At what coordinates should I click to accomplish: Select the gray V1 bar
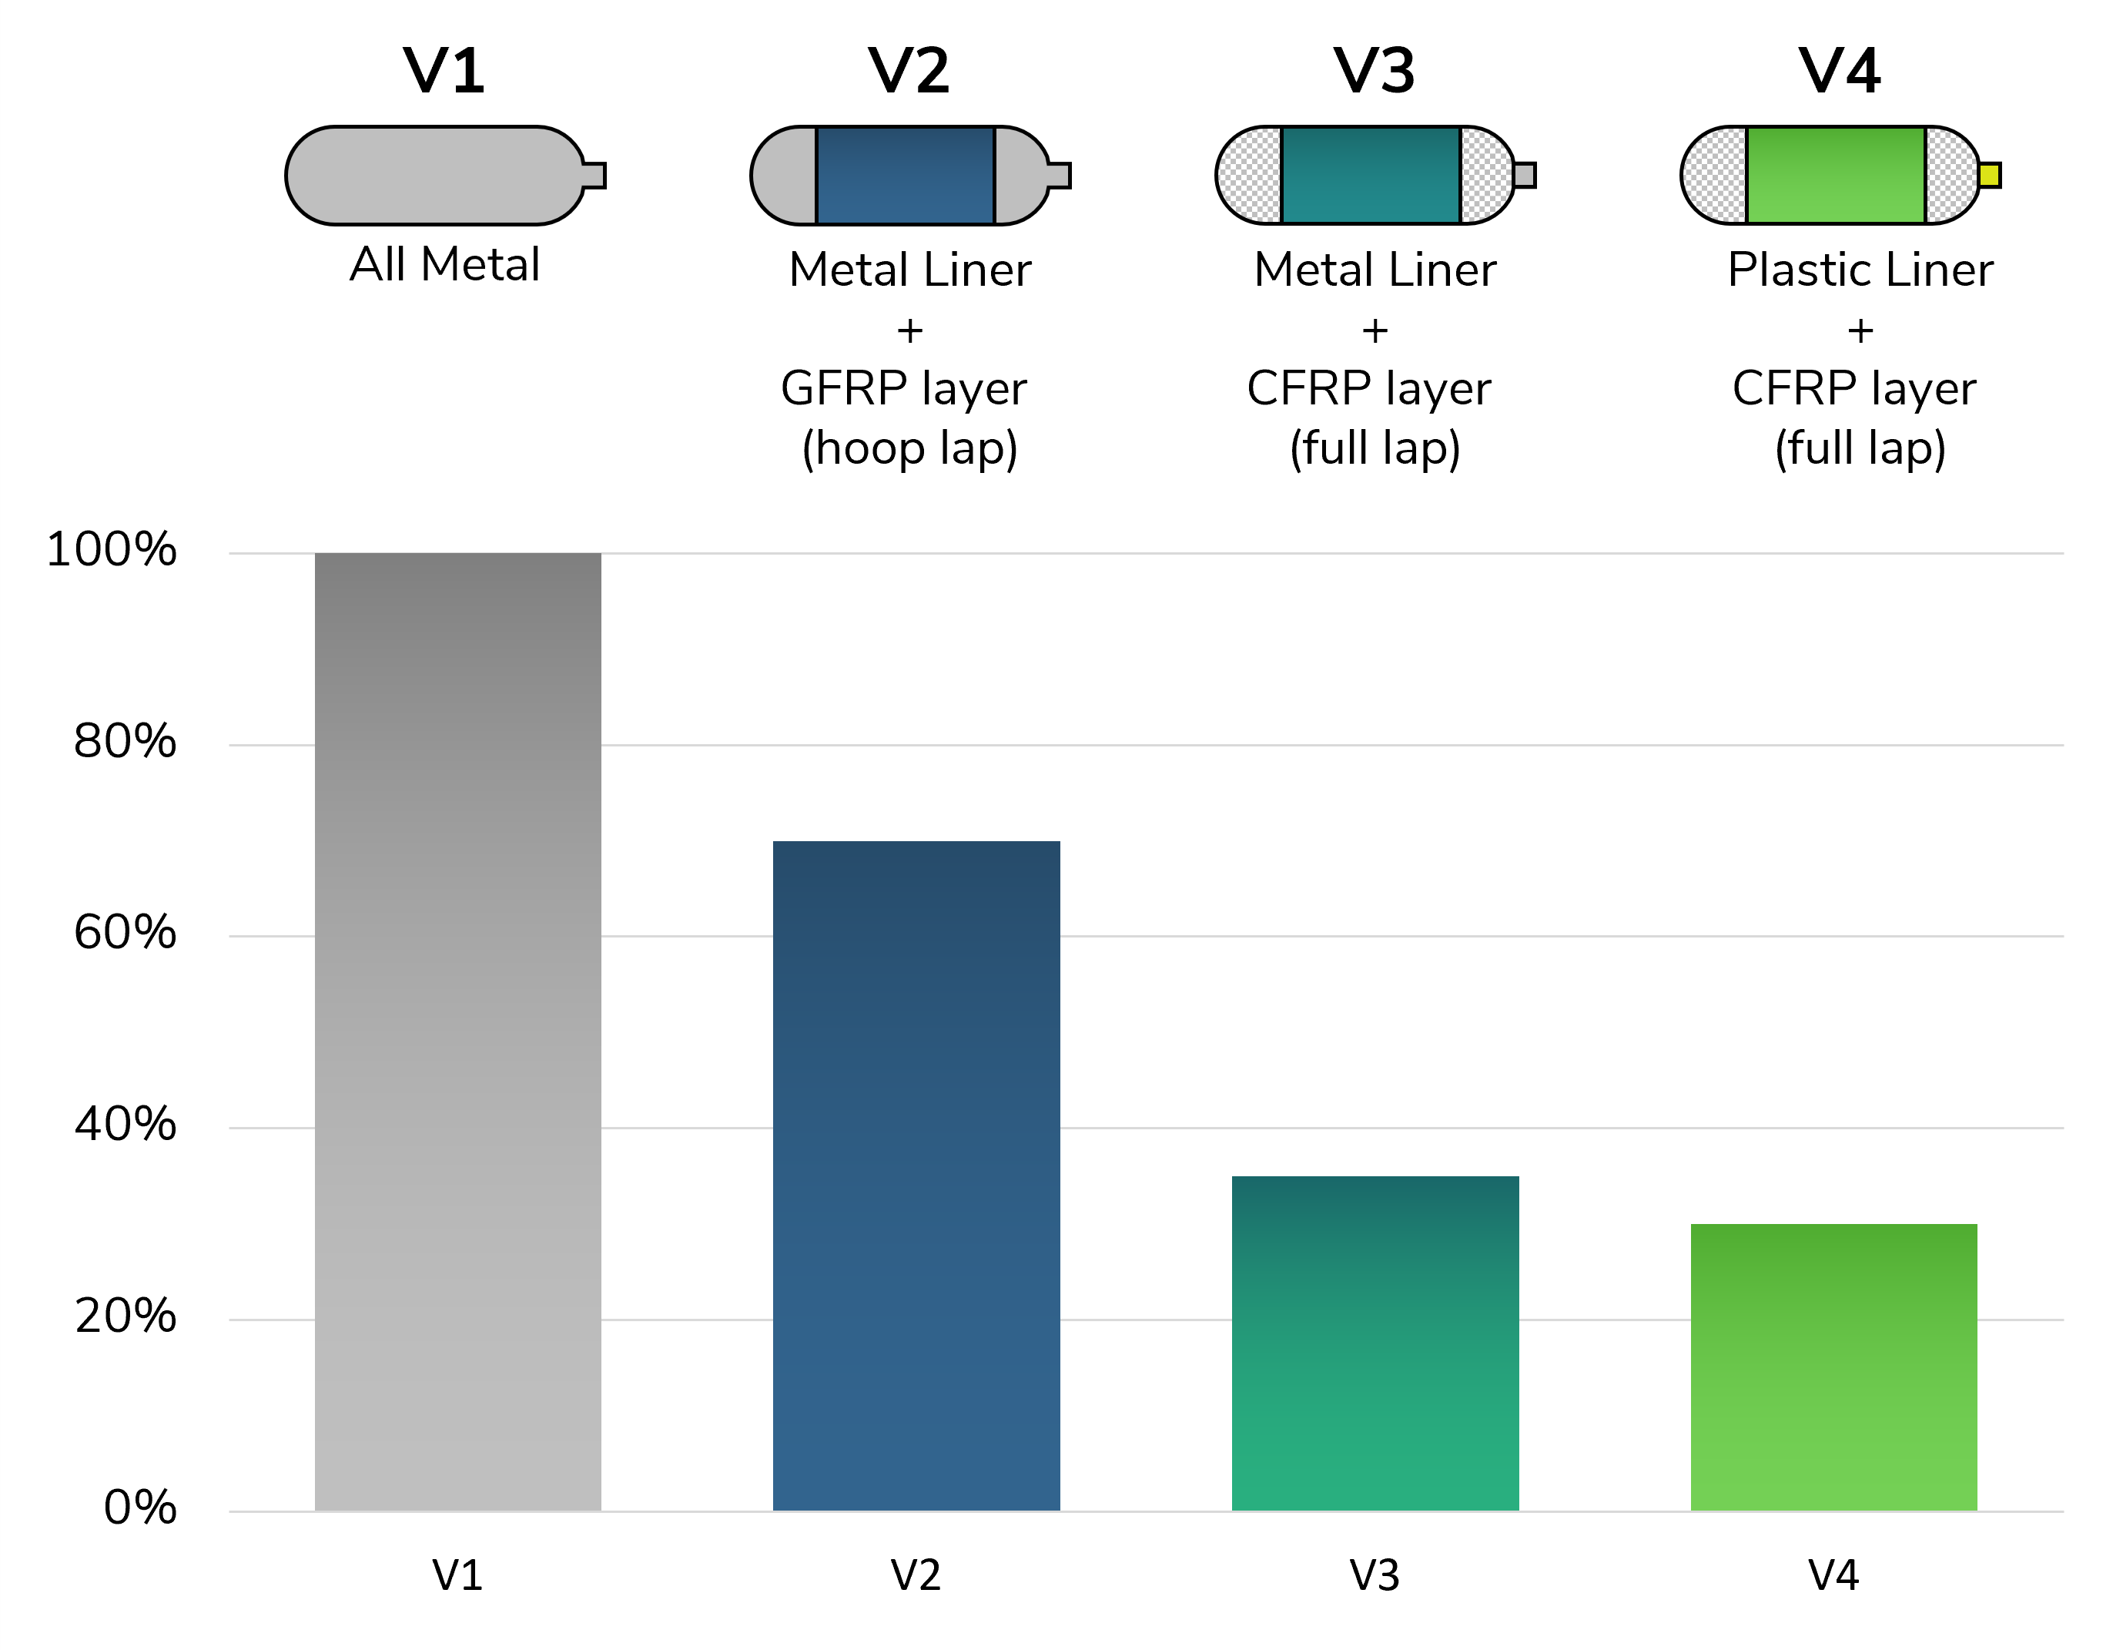tap(458, 1031)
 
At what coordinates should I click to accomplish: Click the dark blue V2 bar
tap(916, 1175)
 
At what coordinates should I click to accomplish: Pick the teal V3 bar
tap(1375, 1343)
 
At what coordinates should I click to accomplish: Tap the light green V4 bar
tap(1834, 1367)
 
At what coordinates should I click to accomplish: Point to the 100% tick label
tap(112, 549)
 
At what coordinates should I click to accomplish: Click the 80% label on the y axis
tap(126, 741)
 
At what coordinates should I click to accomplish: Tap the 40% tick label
tap(126, 1124)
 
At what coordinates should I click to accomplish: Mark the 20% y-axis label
tap(126, 1316)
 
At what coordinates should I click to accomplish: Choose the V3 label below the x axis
tap(1375, 1576)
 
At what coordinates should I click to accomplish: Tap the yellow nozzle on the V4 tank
tap(1990, 175)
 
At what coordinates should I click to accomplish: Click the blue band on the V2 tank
tap(905, 175)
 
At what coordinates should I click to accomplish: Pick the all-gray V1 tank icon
tap(445, 175)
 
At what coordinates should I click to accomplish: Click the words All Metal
tap(445, 264)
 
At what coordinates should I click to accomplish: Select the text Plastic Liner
tap(1860, 270)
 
